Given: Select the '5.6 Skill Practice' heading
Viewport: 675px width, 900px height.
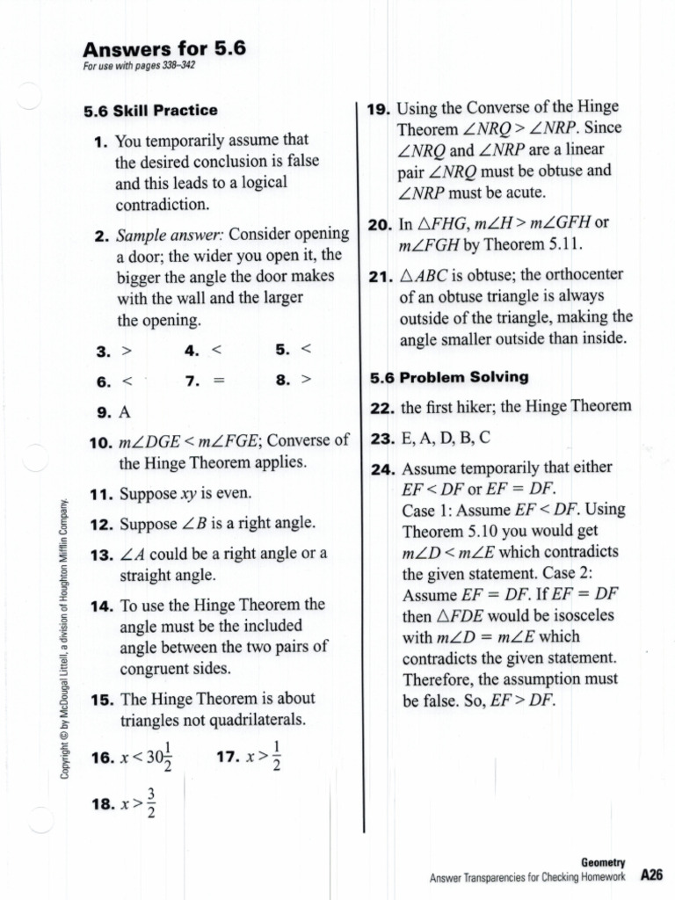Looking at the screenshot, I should pyautogui.click(x=150, y=111).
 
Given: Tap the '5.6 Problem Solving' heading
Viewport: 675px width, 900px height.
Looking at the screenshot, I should pyautogui.click(x=448, y=377).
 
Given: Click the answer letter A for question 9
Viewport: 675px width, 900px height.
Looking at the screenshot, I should pyautogui.click(x=124, y=411).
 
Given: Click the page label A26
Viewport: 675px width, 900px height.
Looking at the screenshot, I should pyautogui.click(x=650, y=875).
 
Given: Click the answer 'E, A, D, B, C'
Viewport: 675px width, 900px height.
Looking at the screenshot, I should pyautogui.click(x=445, y=438).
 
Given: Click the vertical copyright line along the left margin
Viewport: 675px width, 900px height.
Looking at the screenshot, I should pyautogui.click(x=63, y=638).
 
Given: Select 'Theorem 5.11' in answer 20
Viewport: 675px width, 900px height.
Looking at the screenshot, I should pyautogui.click(x=519, y=244).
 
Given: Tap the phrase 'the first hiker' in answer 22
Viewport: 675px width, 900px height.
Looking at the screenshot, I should pyautogui.click(x=446, y=406).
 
